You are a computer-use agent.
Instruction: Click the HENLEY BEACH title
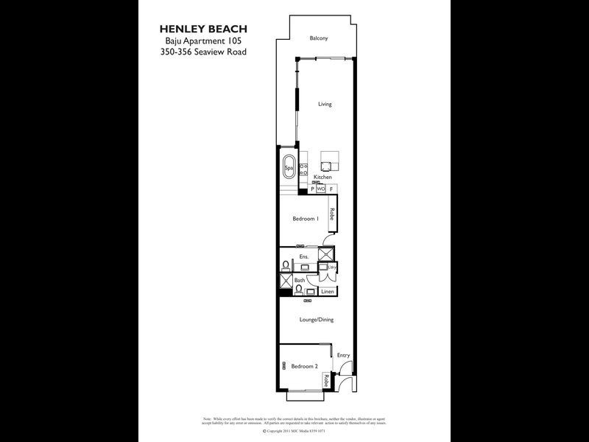[x=203, y=29]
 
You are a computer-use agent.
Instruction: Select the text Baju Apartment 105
[x=203, y=41]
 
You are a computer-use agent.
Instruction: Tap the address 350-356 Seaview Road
[x=203, y=52]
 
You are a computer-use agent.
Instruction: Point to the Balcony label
[x=318, y=38]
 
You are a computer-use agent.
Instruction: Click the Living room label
[x=325, y=104]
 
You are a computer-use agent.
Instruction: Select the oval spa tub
[x=289, y=166]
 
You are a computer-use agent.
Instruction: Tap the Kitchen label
[x=322, y=178]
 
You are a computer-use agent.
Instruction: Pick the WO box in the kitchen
[x=321, y=189]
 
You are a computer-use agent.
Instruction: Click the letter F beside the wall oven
[x=331, y=189]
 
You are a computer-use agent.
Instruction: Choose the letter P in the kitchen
[x=312, y=189]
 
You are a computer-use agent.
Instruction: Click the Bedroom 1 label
[x=306, y=218]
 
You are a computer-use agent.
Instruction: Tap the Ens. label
[x=303, y=256]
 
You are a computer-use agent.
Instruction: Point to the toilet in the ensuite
[x=286, y=265]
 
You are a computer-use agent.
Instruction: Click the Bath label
[x=300, y=280]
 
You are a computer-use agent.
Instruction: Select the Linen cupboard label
[x=328, y=292]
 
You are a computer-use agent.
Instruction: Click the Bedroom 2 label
[x=304, y=366]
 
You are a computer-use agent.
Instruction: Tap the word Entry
[x=343, y=355]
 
